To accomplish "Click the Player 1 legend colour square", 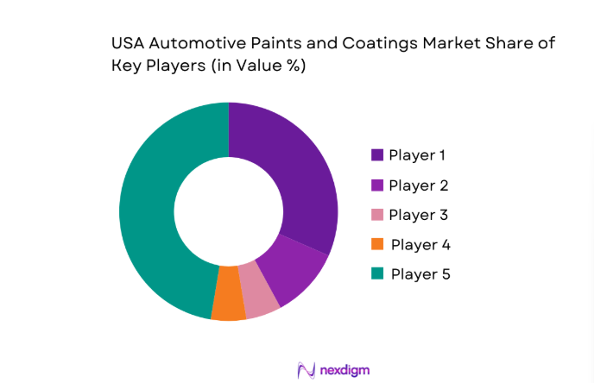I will (x=377, y=155).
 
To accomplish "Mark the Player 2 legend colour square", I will (x=377, y=185).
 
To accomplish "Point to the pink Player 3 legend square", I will (x=377, y=215).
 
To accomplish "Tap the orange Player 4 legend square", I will (x=377, y=245).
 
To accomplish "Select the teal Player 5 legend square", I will (x=377, y=274).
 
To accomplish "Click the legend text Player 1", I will (x=418, y=155).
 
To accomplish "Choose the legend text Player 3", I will (x=418, y=215).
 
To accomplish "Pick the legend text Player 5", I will (x=420, y=274).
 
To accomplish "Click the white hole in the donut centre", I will (x=228, y=210).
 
